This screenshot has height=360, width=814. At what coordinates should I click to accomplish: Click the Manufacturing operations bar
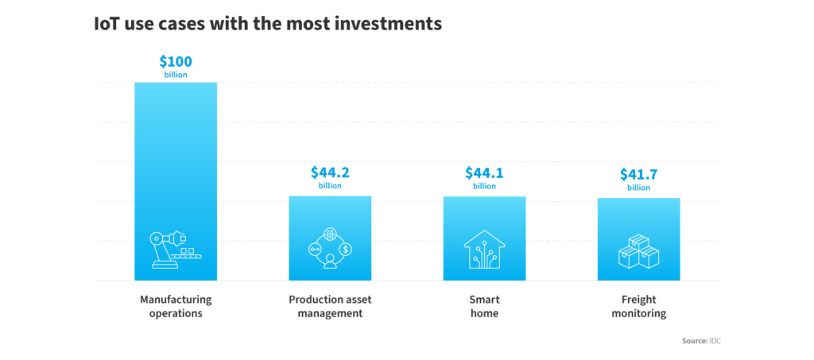tap(176, 181)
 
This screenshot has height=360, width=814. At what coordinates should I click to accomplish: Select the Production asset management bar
tap(330, 238)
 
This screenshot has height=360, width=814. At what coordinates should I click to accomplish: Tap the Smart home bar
tap(484, 238)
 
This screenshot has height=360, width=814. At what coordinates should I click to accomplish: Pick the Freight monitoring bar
tap(638, 239)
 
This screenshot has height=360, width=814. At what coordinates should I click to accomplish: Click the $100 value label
tap(176, 62)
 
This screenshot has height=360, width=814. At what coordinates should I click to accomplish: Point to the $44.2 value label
tap(330, 172)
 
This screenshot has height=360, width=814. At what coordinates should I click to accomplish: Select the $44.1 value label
tap(484, 172)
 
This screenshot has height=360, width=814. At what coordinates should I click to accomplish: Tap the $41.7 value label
tap(638, 174)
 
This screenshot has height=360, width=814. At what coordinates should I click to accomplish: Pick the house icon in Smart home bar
tap(484, 250)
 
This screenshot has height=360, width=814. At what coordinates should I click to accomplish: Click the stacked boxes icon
tap(638, 251)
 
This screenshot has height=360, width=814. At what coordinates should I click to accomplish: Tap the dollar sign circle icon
tap(346, 250)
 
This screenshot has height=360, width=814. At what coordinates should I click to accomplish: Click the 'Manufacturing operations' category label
tap(176, 307)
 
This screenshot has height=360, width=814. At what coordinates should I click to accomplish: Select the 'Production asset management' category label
tap(330, 307)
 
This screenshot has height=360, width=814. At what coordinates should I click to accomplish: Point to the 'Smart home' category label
tap(484, 307)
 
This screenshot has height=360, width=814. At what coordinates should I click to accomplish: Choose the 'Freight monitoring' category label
tap(638, 307)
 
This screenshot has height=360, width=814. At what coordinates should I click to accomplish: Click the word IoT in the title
tap(107, 24)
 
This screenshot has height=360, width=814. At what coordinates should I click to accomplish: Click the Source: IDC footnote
tap(701, 341)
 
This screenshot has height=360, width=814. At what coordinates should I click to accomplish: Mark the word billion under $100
tap(176, 75)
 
